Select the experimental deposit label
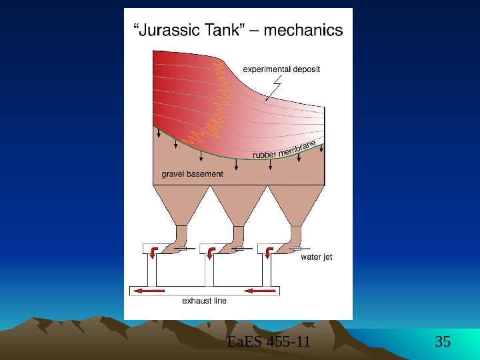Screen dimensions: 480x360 [x=281, y=69]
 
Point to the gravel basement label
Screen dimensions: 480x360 [x=193, y=174]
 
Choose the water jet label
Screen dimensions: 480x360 [x=317, y=257]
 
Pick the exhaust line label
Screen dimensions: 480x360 [x=205, y=301]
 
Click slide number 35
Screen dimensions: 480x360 [x=443, y=343]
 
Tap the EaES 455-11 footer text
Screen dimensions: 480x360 [x=269, y=343]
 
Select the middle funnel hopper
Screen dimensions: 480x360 [x=239, y=207]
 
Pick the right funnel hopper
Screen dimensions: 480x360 [x=296, y=207]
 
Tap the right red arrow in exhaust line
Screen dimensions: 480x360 [x=260, y=291]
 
